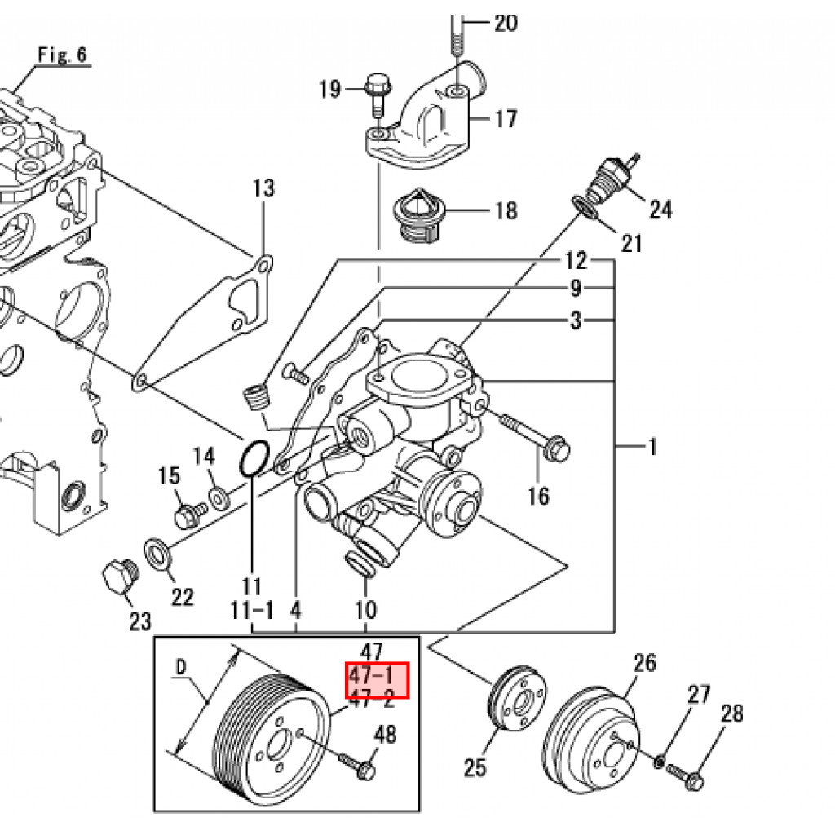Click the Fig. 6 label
[62, 55]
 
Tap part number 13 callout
[263, 188]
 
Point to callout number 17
[506, 119]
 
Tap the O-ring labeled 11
[253, 458]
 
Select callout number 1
[652, 446]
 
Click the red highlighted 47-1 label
[372, 675]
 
